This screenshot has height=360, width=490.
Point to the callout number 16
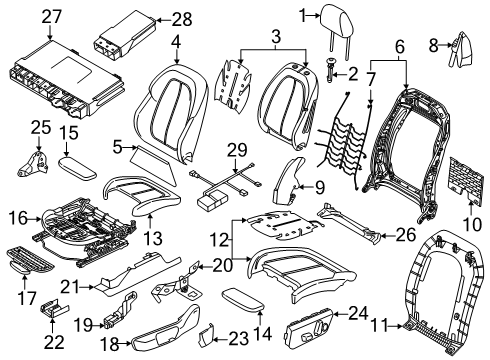tap(16, 215)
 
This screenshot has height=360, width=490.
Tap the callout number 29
tap(235, 148)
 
